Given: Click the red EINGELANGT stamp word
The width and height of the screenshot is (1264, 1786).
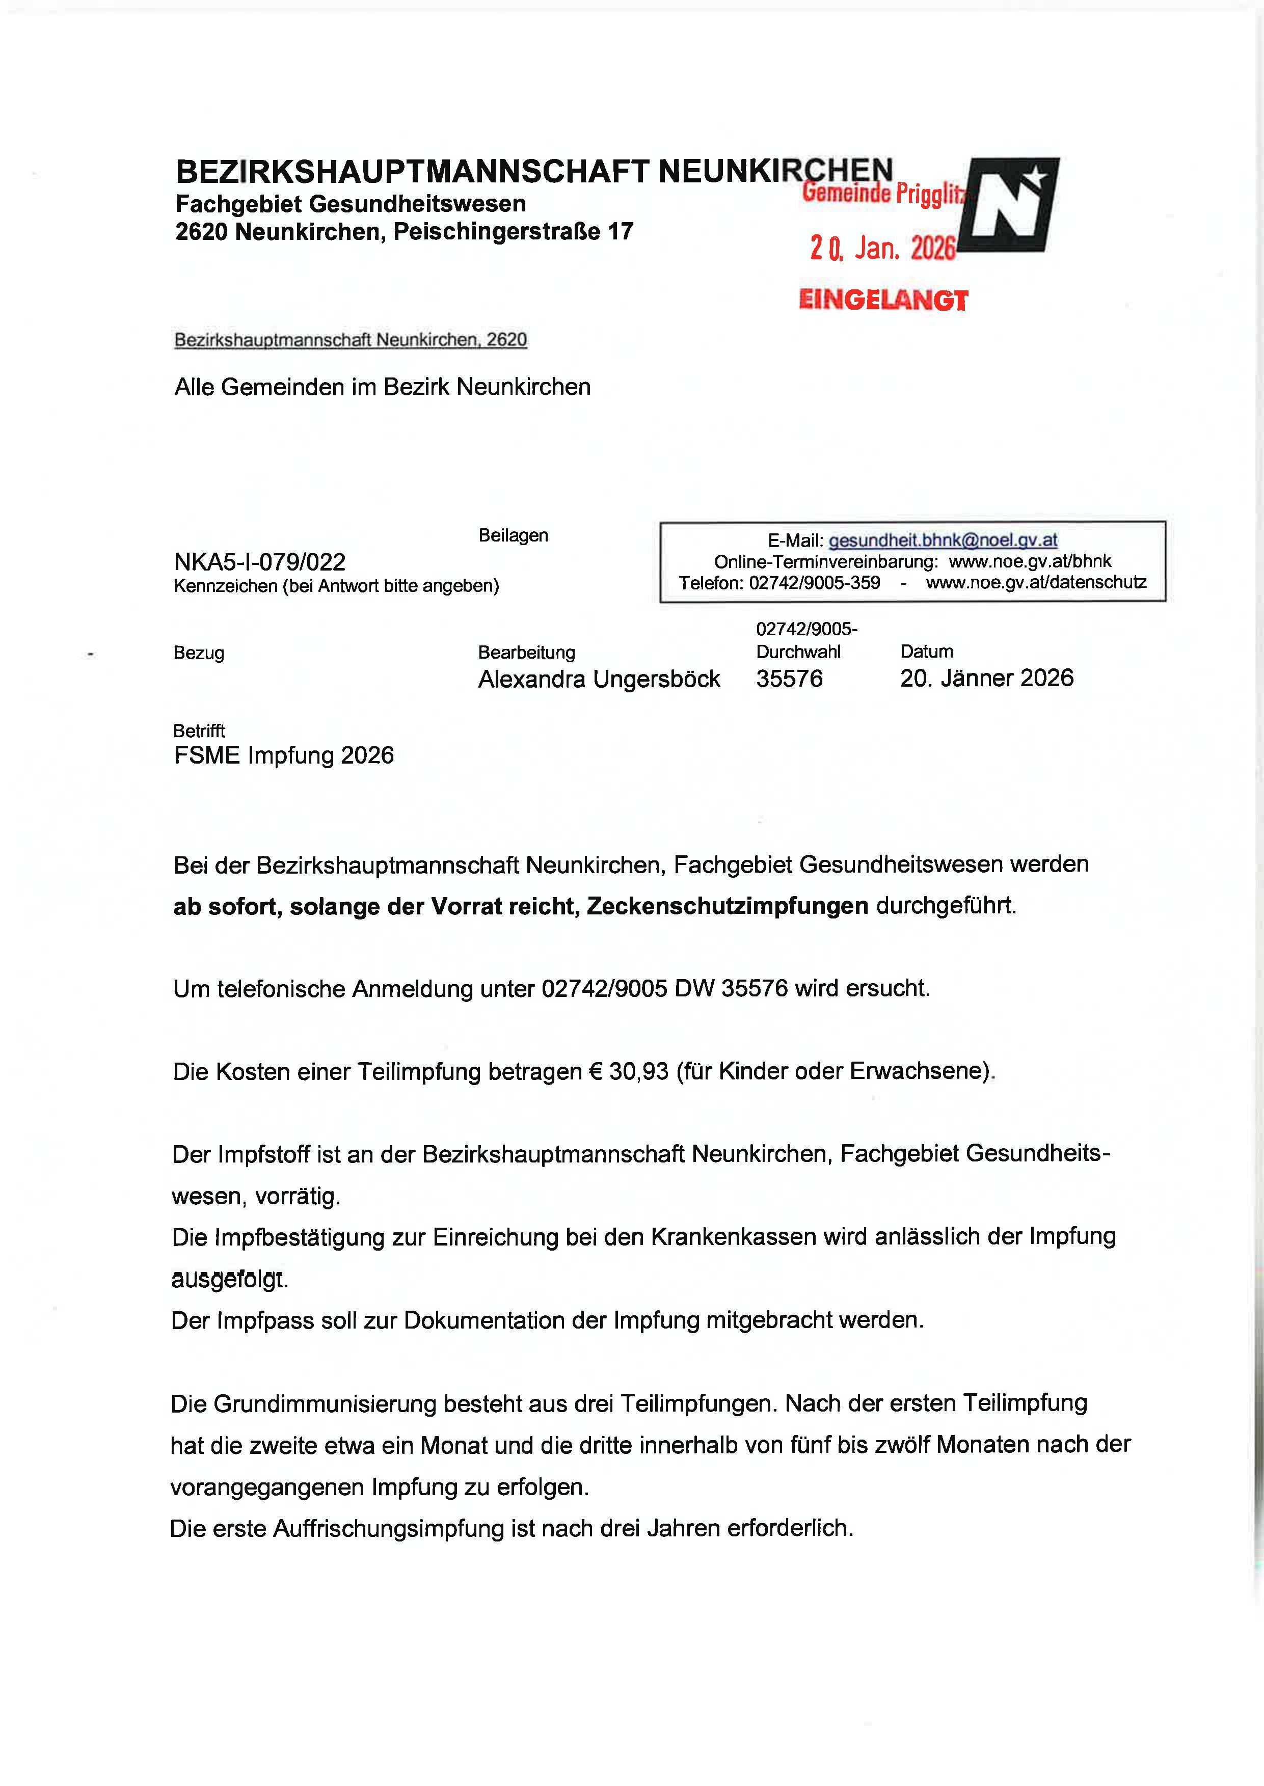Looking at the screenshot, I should [x=883, y=301].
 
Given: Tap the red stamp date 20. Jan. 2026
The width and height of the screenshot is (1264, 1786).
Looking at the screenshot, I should [x=882, y=248].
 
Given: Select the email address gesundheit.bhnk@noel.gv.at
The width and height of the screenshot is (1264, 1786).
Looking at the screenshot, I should [x=943, y=540].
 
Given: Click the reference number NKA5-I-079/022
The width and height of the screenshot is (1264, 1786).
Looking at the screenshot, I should [x=260, y=562].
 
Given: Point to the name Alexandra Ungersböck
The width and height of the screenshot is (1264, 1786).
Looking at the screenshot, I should [x=599, y=680].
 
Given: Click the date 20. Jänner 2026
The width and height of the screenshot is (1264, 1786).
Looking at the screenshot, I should [x=986, y=679].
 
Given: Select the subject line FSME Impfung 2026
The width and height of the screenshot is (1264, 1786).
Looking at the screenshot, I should [x=284, y=755].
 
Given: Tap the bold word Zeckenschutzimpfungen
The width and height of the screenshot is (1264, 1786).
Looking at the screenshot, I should [x=727, y=906].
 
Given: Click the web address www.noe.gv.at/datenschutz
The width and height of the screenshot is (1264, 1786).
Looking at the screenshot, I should [x=1036, y=583].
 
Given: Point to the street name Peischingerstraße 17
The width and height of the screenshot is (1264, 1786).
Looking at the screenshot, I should [x=513, y=232].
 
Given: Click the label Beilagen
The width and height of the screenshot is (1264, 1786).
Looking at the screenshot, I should [x=513, y=535].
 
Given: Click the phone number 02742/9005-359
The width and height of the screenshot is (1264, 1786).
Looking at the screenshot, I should [x=814, y=583].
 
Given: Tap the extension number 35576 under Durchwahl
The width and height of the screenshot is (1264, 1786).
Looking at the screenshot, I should [x=789, y=679].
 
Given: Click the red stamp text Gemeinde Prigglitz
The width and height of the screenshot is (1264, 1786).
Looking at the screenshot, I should [x=882, y=192].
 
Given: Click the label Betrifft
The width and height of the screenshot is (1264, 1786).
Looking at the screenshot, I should [x=199, y=730].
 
